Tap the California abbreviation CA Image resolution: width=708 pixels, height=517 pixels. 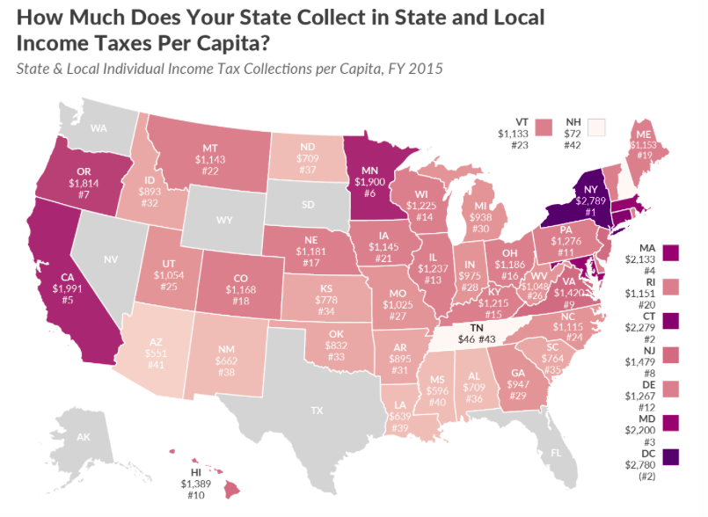click(67, 273)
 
